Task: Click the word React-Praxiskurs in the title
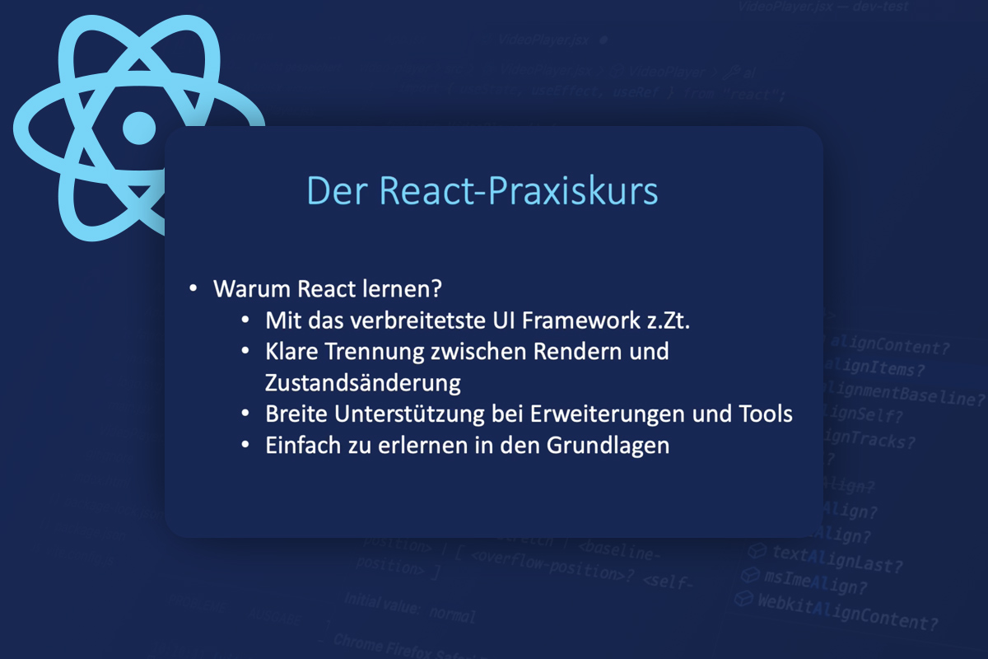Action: coord(519,191)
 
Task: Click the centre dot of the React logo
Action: coord(138,127)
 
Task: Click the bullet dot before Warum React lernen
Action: coord(193,290)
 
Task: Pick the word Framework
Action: coord(582,320)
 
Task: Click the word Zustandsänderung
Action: coord(363,383)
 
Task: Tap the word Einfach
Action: coord(300,445)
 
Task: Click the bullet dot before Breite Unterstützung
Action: coord(245,414)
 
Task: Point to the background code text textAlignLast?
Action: coord(837,559)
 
